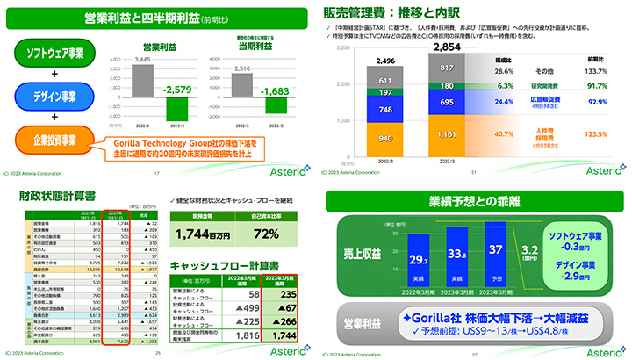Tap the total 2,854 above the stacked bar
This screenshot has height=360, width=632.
click(x=448, y=47)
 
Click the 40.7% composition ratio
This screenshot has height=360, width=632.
click(x=504, y=133)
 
